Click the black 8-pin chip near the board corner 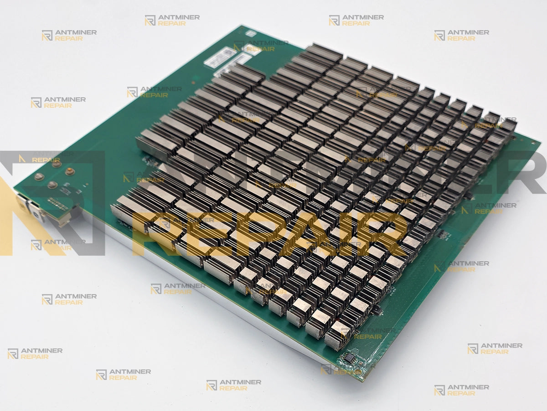click(x=349, y=359)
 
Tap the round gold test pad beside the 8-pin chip click(x=360, y=364)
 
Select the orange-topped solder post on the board click(x=70, y=172)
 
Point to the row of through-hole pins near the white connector click(x=57, y=203)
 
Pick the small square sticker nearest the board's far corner click(x=251, y=33)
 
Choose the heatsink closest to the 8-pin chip click(x=337, y=336)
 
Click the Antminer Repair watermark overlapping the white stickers click(x=260, y=46)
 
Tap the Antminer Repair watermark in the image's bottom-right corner click(x=461, y=390)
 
